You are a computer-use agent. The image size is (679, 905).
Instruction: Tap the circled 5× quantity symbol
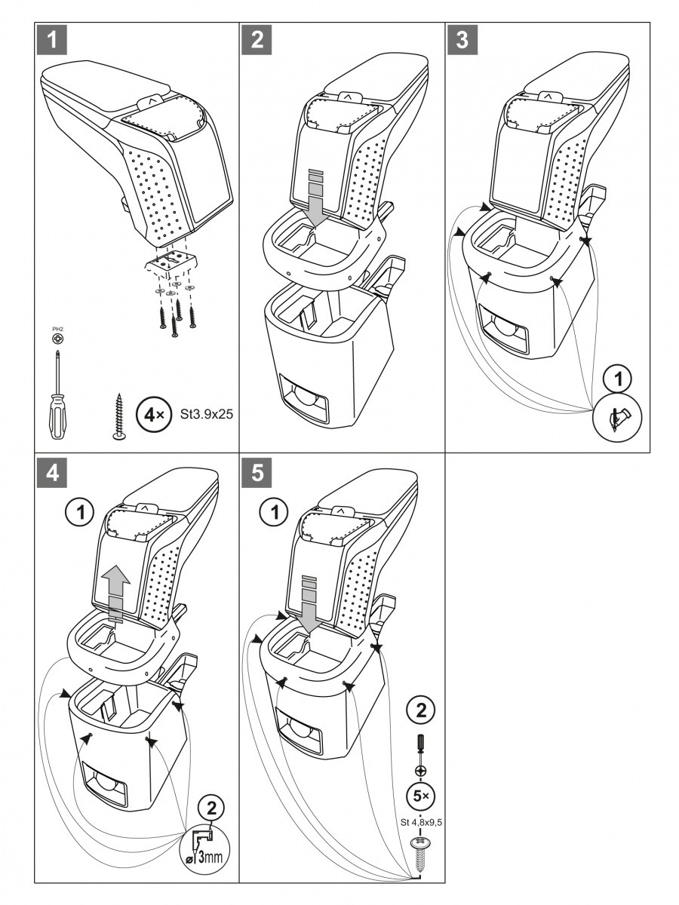pos(421,795)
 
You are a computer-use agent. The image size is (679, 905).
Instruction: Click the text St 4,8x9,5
pos(421,822)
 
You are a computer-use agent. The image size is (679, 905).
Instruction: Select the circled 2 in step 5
pos(421,710)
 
